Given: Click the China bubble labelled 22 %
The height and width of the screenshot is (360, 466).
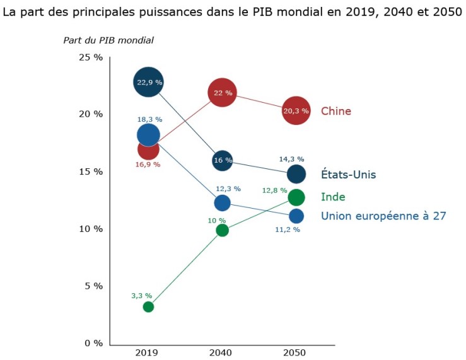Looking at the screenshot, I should (x=222, y=93).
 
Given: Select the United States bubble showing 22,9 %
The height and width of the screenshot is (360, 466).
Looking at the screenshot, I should (x=148, y=82).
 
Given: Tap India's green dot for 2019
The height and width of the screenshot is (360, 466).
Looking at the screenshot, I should (x=148, y=307).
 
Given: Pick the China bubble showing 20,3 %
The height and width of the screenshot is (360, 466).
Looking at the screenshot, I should (x=296, y=111).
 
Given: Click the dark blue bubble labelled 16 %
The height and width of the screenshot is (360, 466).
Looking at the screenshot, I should (x=223, y=160).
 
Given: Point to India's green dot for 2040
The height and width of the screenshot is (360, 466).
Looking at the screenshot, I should (x=222, y=230).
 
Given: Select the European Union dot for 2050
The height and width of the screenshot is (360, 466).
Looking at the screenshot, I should (x=296, y=216).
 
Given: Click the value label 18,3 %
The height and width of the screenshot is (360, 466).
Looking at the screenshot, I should (x=150, y=119).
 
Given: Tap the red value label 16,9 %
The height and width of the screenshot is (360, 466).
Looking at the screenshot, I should (x=148, y=165).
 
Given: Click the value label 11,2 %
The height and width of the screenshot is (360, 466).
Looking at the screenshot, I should (x=288, y=230).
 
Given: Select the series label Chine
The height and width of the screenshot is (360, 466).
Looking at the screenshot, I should (x=336, y=112).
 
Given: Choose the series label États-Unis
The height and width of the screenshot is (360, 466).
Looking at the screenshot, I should (x=349, y=175).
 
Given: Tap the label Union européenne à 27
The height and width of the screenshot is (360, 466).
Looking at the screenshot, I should (x=383, y=216).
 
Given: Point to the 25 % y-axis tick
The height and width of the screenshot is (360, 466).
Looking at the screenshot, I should (x=90, y=57).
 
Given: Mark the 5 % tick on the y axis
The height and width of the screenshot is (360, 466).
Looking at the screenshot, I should (x=93, y=286).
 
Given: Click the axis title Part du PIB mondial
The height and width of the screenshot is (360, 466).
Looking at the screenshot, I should (x=108, y=40).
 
